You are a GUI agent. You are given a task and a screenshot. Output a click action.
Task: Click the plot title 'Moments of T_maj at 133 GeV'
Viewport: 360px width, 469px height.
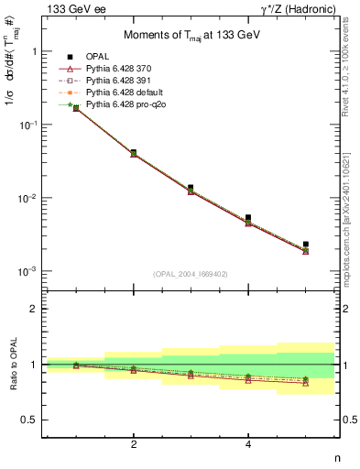tap(191, 36)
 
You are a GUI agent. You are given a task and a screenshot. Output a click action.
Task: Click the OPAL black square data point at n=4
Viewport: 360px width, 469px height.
tap(248, 218)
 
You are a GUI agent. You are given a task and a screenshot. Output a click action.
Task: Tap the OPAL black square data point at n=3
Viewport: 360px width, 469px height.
tap(191, 188)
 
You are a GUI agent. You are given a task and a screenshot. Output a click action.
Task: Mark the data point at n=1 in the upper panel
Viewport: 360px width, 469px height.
tap(76, 108)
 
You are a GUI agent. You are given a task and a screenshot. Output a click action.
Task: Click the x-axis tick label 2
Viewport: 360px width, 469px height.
tap(134, 444)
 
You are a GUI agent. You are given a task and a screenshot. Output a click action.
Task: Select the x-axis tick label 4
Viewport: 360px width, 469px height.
tap(248, 444)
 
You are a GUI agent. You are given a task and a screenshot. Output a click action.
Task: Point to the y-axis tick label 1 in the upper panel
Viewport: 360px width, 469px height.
tap(34, 52)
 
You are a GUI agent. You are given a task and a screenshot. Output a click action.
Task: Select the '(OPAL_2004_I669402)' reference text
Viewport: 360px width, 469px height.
tap(191, 274)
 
